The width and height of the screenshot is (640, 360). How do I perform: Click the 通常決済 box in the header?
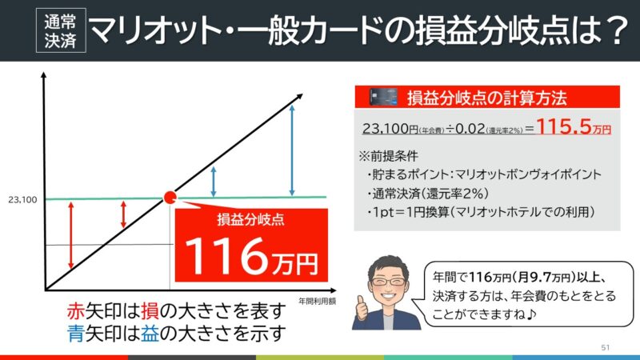point(61,30)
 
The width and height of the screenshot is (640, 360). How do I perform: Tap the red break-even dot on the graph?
point(170,197)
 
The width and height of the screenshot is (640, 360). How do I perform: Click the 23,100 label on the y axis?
point(22,199)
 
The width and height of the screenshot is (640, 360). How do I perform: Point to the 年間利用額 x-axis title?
point(317,302)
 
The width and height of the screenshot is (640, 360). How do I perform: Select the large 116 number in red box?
point(224,256)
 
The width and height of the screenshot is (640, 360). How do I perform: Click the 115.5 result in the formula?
point(564,126)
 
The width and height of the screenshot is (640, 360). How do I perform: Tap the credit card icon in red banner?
point(383,97)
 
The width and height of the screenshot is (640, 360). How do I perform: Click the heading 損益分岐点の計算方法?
point(487,98)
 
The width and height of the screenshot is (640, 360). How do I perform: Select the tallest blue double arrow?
point(292,150)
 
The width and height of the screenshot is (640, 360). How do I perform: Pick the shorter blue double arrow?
point(214,182)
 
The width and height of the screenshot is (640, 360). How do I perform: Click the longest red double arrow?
point(71,235)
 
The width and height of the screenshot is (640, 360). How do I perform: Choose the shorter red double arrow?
point(124,214)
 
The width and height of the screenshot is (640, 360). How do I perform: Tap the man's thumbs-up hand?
point(362,308)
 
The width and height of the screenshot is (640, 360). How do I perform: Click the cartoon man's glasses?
point(388,282)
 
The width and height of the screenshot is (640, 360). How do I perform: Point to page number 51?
point(606,347)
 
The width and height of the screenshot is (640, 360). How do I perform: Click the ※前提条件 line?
point(388,156)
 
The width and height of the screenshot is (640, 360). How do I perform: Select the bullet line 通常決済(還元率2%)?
point(428,194)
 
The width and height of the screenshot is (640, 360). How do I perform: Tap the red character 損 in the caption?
point(150,312)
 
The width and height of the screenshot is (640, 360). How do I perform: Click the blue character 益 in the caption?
point(150,334)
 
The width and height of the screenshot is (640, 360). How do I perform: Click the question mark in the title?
point(616,30)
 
